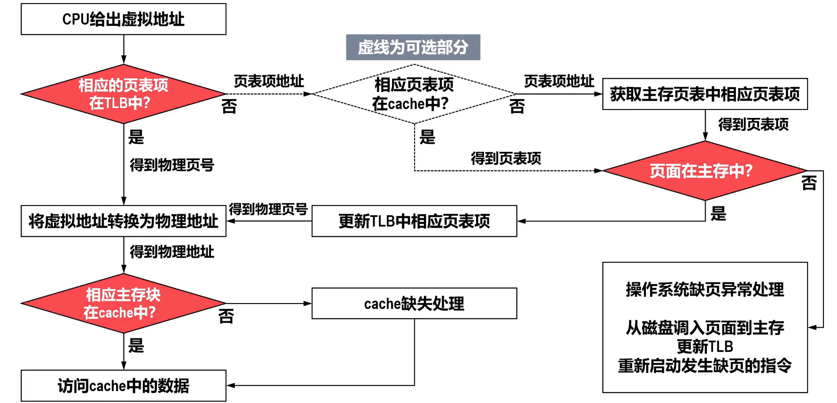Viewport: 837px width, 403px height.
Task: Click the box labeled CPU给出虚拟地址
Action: (x=124, y=19)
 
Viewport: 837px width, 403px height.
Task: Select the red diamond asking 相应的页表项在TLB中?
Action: (x=124, y=94)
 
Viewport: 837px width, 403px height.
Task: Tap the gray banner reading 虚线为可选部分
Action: (x=413, y=47)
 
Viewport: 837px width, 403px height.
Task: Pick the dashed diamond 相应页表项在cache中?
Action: (x=414, y=94)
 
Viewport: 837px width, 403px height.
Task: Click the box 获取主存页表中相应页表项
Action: (x=705, y=94)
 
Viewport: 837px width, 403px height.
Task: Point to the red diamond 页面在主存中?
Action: (x=705, y=171)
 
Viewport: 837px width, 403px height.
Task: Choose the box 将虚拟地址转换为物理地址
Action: (x=124, y=221)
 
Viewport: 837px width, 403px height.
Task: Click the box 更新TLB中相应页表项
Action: (x=415, y=221)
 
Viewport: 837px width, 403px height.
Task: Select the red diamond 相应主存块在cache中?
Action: (x=124, y=304)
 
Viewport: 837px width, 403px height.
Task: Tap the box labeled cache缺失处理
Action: (x=415, y=304)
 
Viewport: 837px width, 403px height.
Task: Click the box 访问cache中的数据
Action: (x=124, y=386)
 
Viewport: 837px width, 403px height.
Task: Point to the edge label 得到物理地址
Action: (x=172, y=252)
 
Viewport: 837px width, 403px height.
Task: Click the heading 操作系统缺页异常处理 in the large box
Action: (x=705, y=289)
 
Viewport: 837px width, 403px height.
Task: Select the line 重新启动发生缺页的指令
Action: (x=705, y=366)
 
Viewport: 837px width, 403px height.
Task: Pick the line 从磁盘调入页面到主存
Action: (x=705, y=328)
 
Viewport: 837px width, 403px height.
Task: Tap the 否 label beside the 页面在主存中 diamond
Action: (x=809, y=183)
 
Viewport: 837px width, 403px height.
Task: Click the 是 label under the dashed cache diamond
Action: (x=427, y=137)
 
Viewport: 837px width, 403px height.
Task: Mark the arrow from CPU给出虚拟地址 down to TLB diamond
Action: (x=124, y=50)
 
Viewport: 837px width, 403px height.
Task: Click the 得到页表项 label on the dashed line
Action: (x=506, y=158)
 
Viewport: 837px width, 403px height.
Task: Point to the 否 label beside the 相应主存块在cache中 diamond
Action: (x=226, y=316)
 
